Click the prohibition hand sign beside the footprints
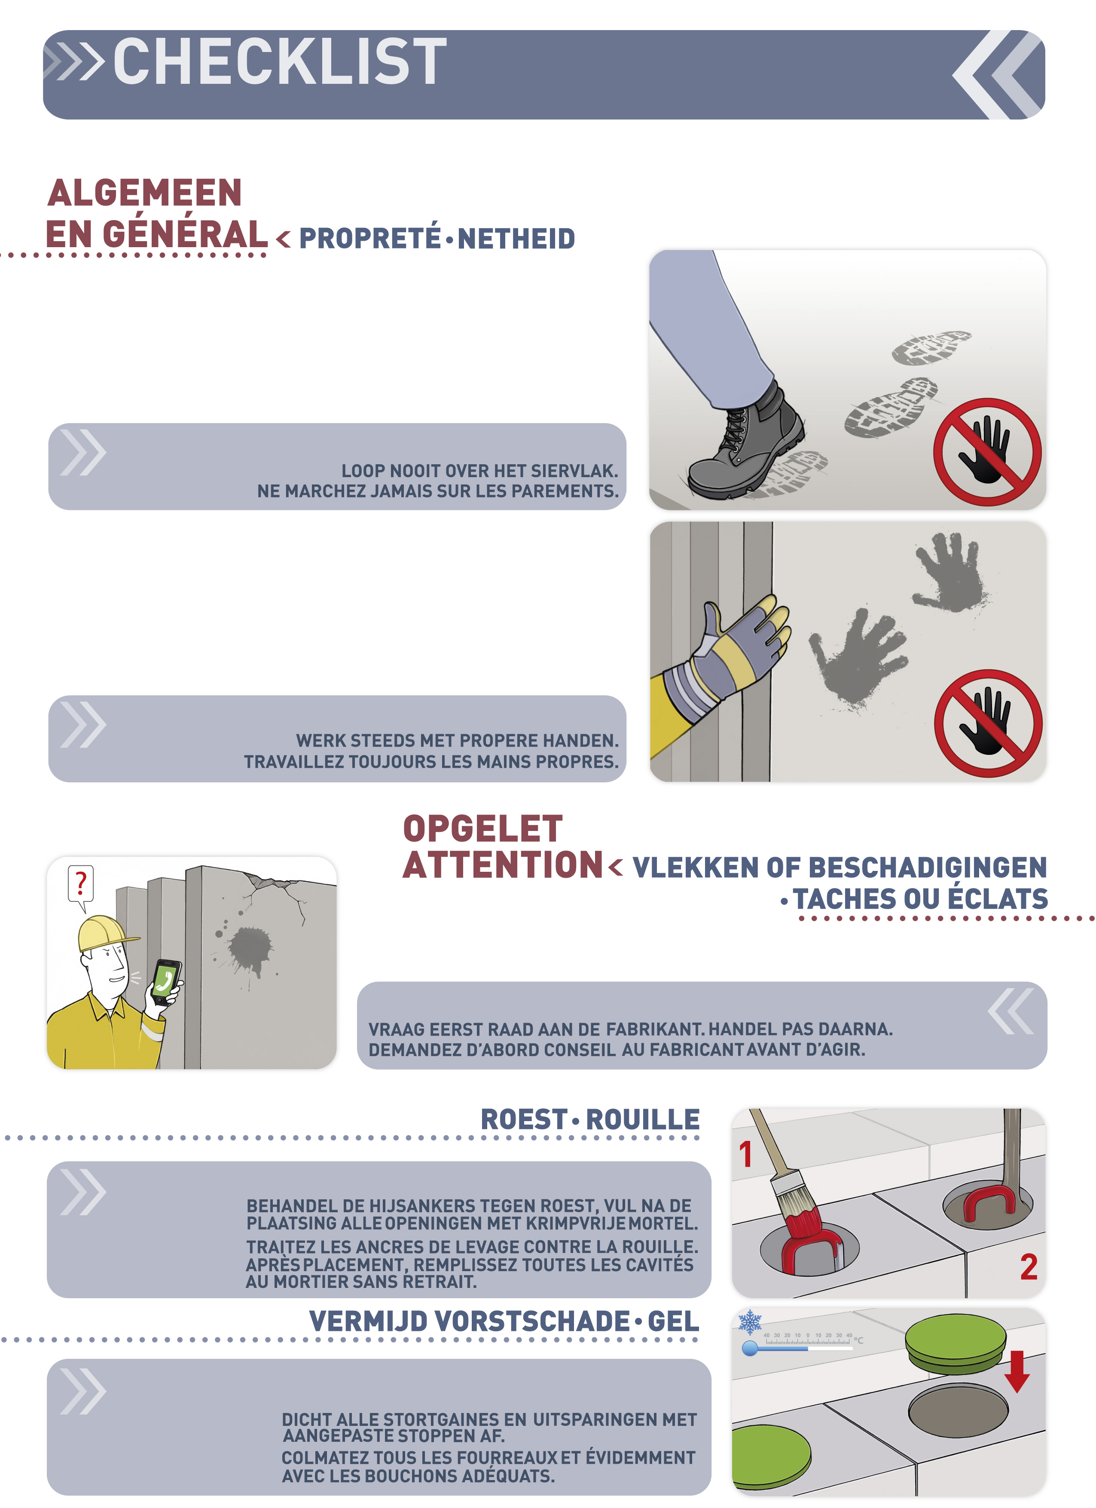[987, 452]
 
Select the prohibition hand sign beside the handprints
[988, 723]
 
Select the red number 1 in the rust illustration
[746, 1154]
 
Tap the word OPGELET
[483, 828]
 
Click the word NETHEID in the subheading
[516, 239]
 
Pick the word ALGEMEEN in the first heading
[145, 193]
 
